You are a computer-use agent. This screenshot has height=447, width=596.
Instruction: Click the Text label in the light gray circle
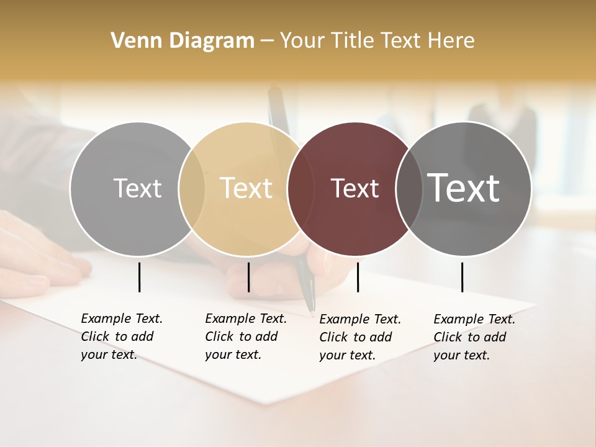(x=137, y=188)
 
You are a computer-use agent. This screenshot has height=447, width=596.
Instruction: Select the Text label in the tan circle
(x=246, y=188)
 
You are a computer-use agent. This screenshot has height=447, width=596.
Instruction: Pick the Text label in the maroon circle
(x=354, y=188)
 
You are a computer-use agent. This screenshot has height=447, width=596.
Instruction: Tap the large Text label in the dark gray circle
(x=464, y=188)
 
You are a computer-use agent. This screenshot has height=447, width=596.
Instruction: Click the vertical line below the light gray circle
(x=139, y=277)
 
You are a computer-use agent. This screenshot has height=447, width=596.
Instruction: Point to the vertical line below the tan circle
(x=248, y=277)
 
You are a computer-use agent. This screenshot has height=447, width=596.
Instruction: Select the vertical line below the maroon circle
(x=358, y=277)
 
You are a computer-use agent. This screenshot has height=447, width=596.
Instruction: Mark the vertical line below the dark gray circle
(x=462, y=277)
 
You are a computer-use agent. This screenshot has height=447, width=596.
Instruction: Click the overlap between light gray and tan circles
(x=192, y=189)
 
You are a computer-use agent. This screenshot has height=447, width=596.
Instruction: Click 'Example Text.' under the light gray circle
(x=122, y=318)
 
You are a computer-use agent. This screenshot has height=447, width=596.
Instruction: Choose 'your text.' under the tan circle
(x=233, y=354)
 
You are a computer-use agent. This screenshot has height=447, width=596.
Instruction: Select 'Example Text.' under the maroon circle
(x=360, y=319)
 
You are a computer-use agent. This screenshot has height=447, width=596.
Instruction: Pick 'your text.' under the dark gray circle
(x=461, y=355)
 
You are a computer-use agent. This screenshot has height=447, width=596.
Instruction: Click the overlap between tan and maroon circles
(x=299, y=189)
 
